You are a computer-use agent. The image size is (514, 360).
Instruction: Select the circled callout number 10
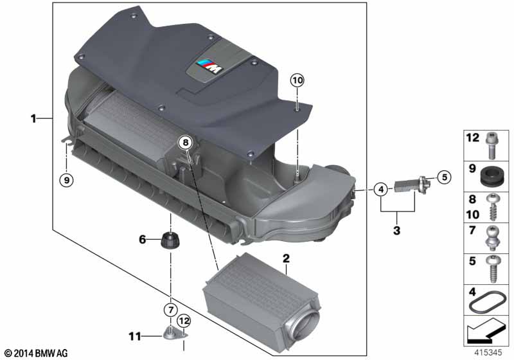point(297,80)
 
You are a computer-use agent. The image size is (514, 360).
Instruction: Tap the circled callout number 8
point(186,143)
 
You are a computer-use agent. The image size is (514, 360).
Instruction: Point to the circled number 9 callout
point(67,180)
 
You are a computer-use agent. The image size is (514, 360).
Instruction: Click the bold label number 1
point(33,118)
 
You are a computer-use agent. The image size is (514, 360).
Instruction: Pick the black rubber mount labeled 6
point(171,240)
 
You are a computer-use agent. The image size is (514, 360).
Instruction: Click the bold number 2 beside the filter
point(286,258)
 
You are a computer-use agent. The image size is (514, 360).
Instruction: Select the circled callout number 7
point(170,310)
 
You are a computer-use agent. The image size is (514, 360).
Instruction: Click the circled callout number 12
point(184,321)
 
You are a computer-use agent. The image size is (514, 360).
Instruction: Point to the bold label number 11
point(135,336)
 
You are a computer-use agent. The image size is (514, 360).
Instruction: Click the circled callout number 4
point(380,189)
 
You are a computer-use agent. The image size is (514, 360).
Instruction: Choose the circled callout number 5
point(444,177)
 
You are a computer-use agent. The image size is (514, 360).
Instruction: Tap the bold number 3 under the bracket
point(396,231)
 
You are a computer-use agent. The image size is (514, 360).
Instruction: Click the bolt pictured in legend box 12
point(491,145)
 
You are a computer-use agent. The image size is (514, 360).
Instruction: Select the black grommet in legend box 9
point(491,175)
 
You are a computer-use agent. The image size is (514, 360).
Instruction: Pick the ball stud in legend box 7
point(491,239)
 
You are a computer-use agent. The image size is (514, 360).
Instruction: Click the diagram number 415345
point(488,352)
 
